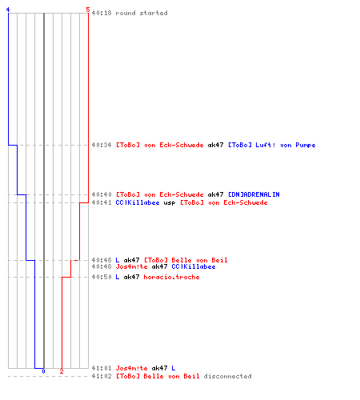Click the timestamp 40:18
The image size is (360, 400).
[x=102, y=13]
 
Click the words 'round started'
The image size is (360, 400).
[x=142, y=13]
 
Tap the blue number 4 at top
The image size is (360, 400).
[x=8, y=10]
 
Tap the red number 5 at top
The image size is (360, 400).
[x=88, y=10]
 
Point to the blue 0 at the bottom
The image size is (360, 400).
[x=43, y=371]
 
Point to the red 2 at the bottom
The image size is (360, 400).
[x=62, y=371]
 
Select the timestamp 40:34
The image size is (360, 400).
[x=102, y=145]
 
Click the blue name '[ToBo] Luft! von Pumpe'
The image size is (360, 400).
[x=272, y=145]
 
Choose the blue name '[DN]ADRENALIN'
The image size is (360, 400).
[x=254, y=194]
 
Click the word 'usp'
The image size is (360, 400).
[x=170, y=202]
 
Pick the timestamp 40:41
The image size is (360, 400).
[x=102, y=202]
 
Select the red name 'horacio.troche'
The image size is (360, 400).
[x=171, y=277]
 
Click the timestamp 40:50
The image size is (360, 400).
[x=102, y=277]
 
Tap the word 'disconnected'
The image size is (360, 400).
[x=227, y=376]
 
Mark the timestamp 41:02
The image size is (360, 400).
[x=102, y=376]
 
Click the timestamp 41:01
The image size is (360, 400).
[x=102, y=368]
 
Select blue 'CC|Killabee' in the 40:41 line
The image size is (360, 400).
[x=138, y=202]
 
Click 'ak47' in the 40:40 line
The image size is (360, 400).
[x=215, y=194]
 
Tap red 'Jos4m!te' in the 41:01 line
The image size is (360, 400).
[x=131, y=368]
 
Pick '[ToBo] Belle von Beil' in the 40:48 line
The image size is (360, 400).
[x=186, y=260]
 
